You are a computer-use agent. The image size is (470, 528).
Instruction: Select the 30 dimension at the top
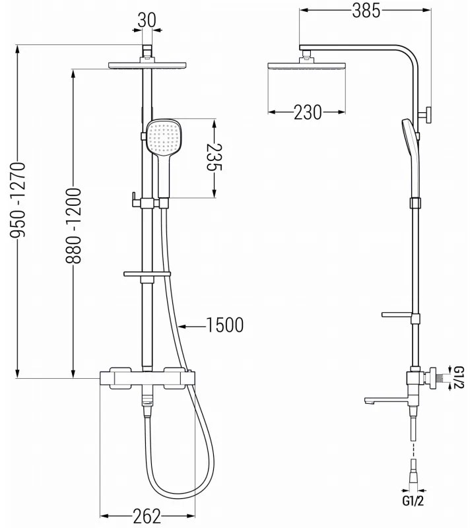[147, 20]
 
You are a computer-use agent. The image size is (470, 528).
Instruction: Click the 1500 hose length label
[224, 325]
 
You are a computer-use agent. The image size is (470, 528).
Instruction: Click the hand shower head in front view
[163, 137]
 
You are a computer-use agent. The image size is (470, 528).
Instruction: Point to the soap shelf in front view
[147, 273]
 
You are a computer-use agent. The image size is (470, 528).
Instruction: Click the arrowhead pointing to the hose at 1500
[183, 325]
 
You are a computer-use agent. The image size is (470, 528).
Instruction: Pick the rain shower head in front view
[147, 66]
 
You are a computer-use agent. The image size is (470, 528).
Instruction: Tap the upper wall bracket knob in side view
[428, 115]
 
